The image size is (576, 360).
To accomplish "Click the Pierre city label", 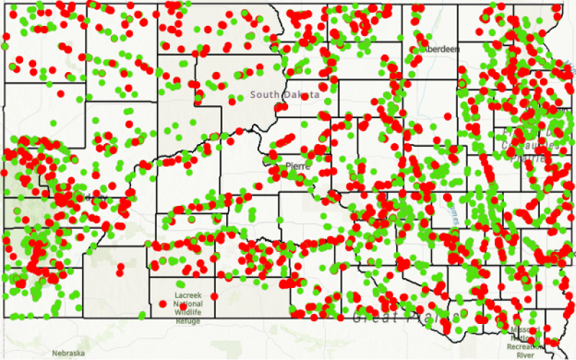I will [x=297, y=166].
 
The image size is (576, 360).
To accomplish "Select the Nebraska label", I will [x=68, y=354].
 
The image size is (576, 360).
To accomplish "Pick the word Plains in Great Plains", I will [x=432, y=317].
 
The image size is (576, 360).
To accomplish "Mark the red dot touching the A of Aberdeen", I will [x=420, y=50].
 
